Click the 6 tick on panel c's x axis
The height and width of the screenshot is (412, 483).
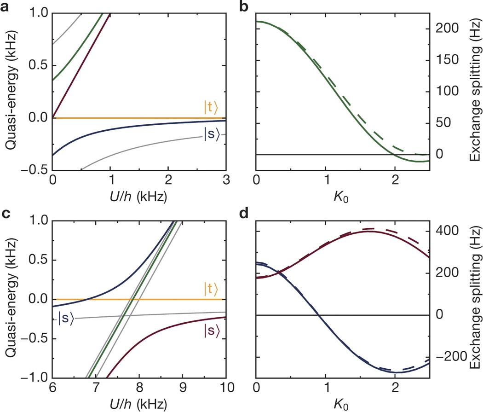(x=52, y=387)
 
